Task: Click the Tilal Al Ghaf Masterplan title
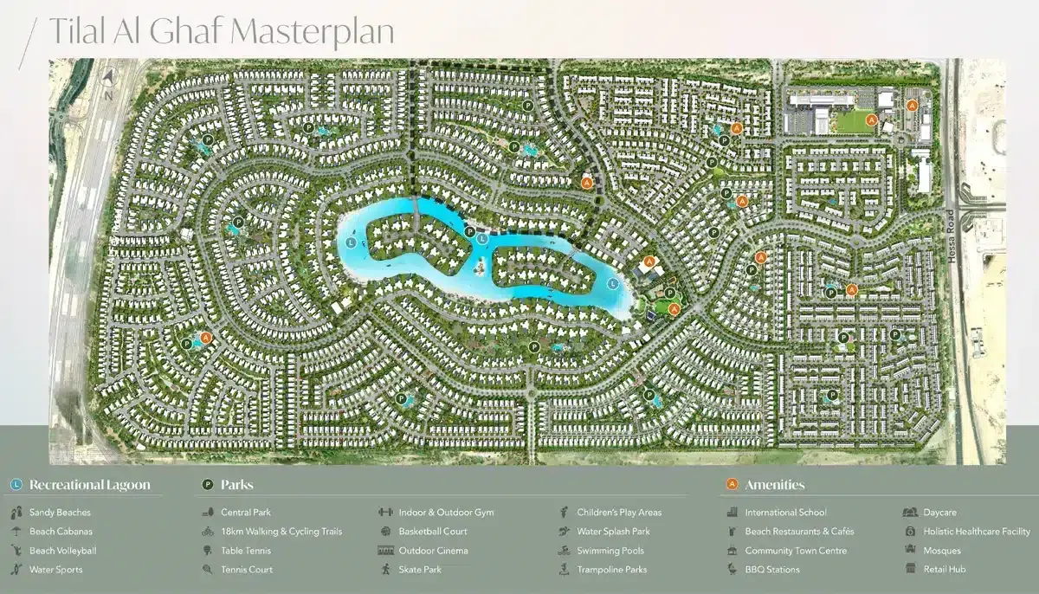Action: click(221, 32)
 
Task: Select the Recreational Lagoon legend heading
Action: click(89, 485)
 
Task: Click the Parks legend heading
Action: click(236, 485)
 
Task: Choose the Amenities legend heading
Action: click(774, 485)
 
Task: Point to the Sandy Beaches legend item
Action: click(60, 513)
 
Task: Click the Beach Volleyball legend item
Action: click(62, 551)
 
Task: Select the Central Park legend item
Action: click(246, 513)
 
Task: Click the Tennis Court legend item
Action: click(247, 570)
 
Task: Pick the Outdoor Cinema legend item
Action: click(433, 551)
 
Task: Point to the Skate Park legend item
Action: click(420, 570)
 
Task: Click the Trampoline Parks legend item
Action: click(612, 570)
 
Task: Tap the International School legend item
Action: click(785, 513)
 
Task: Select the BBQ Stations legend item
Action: click(772, 570)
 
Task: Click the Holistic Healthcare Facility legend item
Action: click(977, 532)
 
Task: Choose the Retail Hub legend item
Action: click(944, 570)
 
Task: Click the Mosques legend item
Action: click(942, 551)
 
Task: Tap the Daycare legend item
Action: click(939, 513)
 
